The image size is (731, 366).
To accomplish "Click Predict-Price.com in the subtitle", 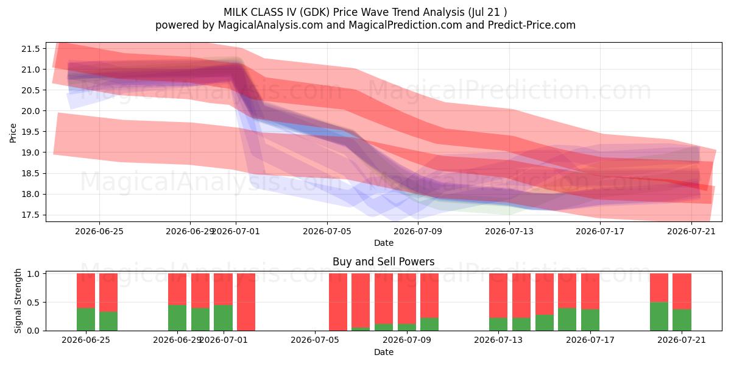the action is click(x=532, y=25).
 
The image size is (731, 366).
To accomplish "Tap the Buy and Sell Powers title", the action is click(x=383, y=262).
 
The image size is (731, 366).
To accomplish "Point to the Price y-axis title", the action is click(x=13, y=133).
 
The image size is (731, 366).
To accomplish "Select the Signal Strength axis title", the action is click(x=18, y=301).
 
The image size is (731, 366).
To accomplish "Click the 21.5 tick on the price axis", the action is click(x=30, y=49).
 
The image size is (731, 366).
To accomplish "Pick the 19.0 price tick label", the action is click(x=30, y=152).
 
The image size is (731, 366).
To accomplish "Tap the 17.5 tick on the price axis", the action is click(x=30, y=215).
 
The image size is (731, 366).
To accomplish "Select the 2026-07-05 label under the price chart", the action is click(x=327, y=231).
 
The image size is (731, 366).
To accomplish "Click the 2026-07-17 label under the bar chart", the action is click(x=590, y=340).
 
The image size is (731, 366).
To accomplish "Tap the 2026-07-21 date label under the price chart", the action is click(x=691, y=231).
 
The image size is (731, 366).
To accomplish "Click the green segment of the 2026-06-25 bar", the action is click(x=86, y=319).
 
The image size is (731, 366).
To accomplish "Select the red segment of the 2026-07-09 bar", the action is click(x=407, y=299).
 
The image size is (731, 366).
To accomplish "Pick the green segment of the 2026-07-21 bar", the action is click(x=682, y=320).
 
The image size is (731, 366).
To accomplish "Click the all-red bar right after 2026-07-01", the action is click(x=246, y=302).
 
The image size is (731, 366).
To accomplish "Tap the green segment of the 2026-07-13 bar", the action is click(x=498, y=324).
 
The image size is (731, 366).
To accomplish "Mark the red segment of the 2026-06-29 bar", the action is click(x=177, y=289).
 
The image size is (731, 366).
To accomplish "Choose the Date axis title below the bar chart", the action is click(x=383, y=352).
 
